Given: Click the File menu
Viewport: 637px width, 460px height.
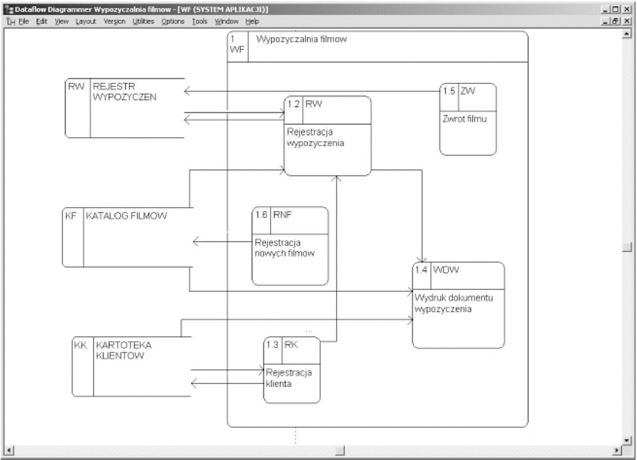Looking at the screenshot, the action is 24,21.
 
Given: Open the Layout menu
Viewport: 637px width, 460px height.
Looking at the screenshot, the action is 86,21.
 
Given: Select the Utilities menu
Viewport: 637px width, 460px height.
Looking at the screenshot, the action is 143,21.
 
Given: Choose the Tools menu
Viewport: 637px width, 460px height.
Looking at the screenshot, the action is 200,21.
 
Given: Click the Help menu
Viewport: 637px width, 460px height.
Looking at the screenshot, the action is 252,21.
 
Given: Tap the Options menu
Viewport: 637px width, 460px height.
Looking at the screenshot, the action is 173,21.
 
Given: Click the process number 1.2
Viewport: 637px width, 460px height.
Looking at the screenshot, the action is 293,104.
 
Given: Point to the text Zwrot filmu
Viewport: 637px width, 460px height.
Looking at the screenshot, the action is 464,119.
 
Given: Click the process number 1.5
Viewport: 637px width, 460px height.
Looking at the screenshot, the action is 449,91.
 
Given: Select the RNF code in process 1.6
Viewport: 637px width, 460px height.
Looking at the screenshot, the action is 283,214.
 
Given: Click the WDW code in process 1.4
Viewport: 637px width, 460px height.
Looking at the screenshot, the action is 446,269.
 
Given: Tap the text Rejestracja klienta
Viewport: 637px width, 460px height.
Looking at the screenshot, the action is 289,378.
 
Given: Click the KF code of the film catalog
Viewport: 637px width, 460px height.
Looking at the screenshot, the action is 71,216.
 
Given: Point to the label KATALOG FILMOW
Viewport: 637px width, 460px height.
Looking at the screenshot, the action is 126,216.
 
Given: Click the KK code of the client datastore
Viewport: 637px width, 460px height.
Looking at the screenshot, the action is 80,345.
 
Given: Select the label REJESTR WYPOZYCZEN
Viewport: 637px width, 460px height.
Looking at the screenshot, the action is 124,92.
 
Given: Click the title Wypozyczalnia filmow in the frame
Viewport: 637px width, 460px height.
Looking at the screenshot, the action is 301,39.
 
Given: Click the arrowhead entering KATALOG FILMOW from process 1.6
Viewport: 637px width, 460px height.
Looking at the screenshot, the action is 195,242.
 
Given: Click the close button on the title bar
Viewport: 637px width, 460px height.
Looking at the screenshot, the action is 628,9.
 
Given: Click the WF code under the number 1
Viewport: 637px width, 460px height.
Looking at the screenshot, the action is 237,50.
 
